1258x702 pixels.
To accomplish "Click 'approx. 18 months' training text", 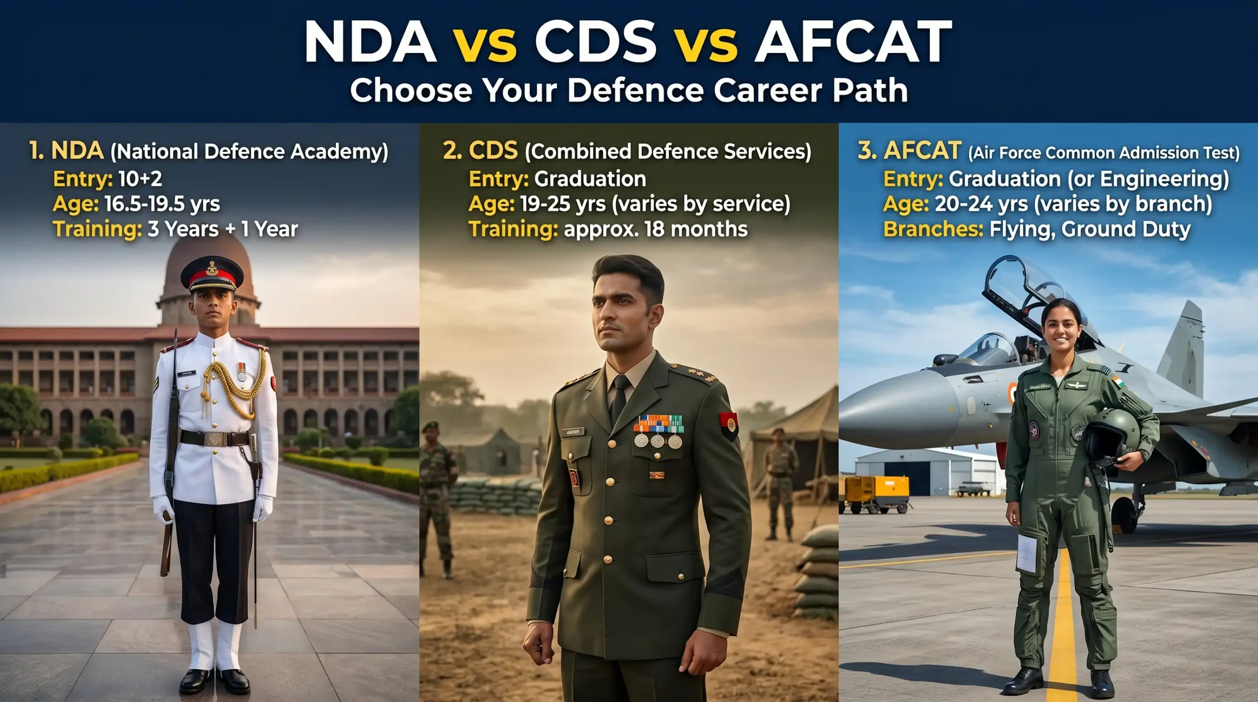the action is (656, 229).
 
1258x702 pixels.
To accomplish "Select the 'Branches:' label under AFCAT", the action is (933, 229).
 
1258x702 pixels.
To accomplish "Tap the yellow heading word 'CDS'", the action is (493, 151).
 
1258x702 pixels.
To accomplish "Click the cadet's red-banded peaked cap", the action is (212, 275).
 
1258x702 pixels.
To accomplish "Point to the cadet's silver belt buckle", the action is (214, 439).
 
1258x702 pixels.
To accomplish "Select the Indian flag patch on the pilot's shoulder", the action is (1118, 382).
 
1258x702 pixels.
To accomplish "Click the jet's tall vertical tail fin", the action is (1181, 347).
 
